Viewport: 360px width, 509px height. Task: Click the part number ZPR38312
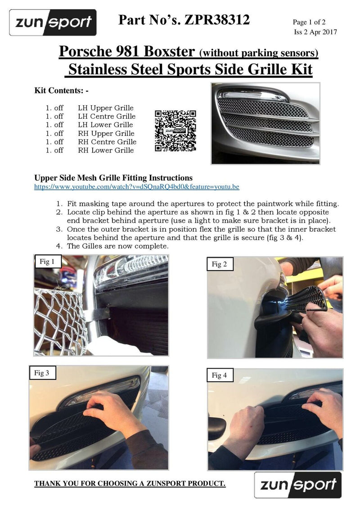tap(216, 20)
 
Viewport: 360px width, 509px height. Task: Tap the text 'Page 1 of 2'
tap(312, 22)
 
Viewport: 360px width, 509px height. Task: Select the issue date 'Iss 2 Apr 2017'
tap(315, 31)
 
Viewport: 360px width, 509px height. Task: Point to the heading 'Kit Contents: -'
tap(62, 90)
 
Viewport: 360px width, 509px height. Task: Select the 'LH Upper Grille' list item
tap(105, 108)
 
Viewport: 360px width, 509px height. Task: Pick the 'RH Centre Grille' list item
tap(107, 142)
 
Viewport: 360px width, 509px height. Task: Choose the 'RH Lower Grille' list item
tap(105, 150)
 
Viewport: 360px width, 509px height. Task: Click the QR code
tap(175, 131)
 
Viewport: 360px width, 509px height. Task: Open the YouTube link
tap(137, 186)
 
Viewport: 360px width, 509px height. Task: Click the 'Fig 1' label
tap(47, 262)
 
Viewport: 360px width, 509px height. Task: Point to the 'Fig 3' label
tap(41, 372)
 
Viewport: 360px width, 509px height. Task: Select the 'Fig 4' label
tap(220, 375)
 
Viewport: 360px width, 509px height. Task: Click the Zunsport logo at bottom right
tap(297, 485)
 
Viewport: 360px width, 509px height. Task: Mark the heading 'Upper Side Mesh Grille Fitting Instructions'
tap(113, 178)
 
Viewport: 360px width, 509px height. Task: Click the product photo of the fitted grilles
tap(265, 123)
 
